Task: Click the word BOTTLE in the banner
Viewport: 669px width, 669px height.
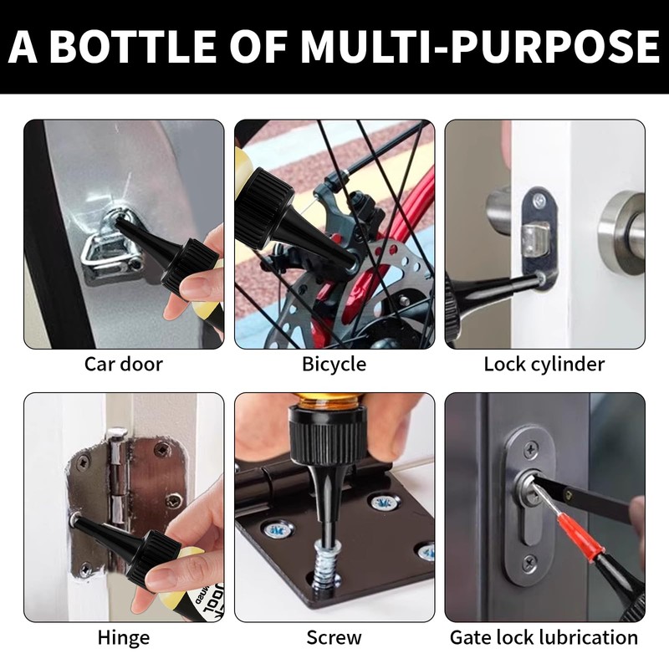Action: [133, 46]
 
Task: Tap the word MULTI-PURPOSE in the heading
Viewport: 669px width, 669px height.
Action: [480, 46]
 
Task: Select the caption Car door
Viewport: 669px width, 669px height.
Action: [123, 364]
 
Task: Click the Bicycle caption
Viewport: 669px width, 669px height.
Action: [334, 365]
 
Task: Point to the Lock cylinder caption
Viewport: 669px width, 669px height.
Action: [544, 365]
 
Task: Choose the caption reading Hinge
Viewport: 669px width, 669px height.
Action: [123, 638]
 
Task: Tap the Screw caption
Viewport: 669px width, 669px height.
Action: [334, 638]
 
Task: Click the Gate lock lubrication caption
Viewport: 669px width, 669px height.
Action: [544, 637]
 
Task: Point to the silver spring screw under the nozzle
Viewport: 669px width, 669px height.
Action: [324, 565]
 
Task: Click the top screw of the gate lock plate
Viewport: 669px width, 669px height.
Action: [530, 449]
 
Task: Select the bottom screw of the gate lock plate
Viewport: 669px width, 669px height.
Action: [530, 563]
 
